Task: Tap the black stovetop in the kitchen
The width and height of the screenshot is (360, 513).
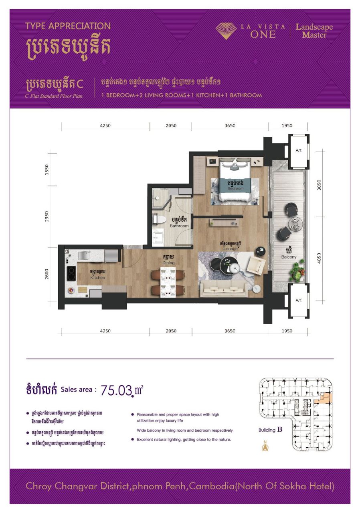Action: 71,274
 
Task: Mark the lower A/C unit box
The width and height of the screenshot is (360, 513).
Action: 299,300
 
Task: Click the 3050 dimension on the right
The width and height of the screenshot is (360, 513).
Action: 320,185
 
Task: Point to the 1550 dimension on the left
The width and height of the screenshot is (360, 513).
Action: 47,169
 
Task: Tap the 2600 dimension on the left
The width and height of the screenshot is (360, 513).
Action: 47,275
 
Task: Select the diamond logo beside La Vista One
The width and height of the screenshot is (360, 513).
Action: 227,31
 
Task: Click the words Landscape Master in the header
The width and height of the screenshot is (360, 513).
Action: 314,31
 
